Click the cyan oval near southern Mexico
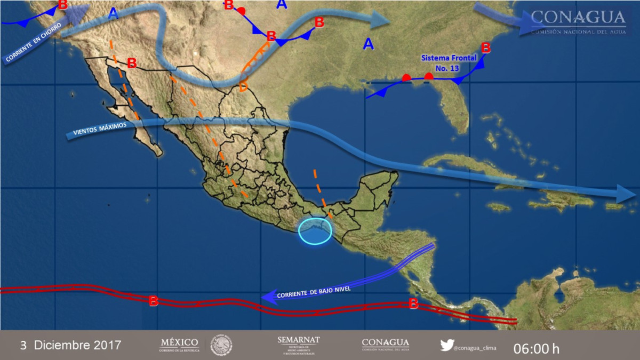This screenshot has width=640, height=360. click(x=315, y=230)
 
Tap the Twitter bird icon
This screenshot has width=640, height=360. click(x=447, y=345)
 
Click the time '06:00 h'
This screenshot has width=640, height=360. click(x=536, y=349)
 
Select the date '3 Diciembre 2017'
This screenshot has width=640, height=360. click(x=70, y=345)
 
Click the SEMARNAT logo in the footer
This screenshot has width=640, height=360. click(x=298, y=345)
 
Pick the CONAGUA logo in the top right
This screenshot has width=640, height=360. click(x=578, y=21)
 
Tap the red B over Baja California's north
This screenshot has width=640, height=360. click(x=132, y=63)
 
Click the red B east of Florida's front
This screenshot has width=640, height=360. click(x=486, y=48)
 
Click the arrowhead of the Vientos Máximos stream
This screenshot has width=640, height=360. click(x=625, y=194)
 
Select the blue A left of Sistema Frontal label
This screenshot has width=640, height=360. click(x=368, y=44)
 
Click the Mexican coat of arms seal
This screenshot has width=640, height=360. click(x=221, y=345)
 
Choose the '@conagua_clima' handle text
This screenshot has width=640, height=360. click(x=475, y=348)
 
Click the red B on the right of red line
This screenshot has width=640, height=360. click(x=413, y=304)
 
